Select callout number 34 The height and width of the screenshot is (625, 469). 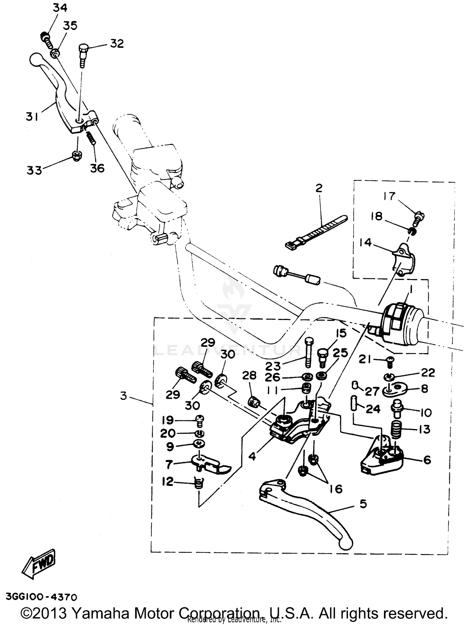click(59, 7)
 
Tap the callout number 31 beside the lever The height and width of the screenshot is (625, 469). click(32, 117)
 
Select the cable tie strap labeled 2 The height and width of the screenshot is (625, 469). click(316, 231)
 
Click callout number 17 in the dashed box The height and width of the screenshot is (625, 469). click(390, 196)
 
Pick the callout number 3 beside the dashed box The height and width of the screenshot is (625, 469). click(124, 396)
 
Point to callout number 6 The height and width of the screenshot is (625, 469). click(427, 460)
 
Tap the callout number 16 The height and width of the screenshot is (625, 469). click(336, 489)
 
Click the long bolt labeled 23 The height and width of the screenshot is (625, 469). click(308, 352)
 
